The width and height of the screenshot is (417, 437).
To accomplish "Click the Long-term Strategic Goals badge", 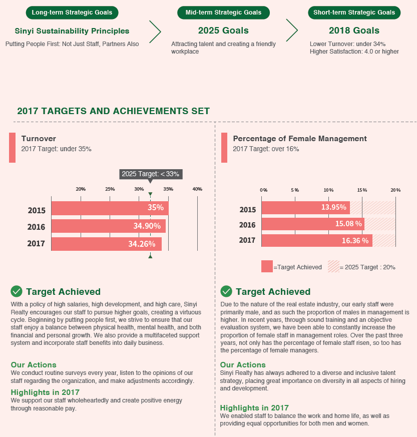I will (72, 12).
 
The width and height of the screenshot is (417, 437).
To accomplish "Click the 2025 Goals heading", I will (223, 31).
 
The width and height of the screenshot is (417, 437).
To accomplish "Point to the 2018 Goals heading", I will (354, 31).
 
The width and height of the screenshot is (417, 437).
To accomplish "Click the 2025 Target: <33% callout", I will (150, 174).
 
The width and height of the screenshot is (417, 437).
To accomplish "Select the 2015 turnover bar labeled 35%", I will (110, 208).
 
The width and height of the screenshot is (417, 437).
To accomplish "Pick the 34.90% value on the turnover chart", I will (147, 226).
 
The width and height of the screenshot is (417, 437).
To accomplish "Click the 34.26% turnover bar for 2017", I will (106, 244).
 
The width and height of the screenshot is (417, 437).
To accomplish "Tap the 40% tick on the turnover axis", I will (197, 189).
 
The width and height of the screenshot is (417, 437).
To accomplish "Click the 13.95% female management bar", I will (305, 208).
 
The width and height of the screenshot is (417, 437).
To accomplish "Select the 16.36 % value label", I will (354, 241).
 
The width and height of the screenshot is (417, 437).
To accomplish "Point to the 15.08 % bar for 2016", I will (312, 224).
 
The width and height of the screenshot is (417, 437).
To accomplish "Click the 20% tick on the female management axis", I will (395, 190).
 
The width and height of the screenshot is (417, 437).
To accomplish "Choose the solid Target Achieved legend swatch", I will (267, 266).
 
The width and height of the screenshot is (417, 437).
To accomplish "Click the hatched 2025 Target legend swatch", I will (333, 266).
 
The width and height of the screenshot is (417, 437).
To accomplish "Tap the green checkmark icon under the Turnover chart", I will (17, 291).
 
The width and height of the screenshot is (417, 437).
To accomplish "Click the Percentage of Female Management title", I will (300, 139).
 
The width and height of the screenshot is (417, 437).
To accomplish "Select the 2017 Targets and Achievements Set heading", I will (113, 111).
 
